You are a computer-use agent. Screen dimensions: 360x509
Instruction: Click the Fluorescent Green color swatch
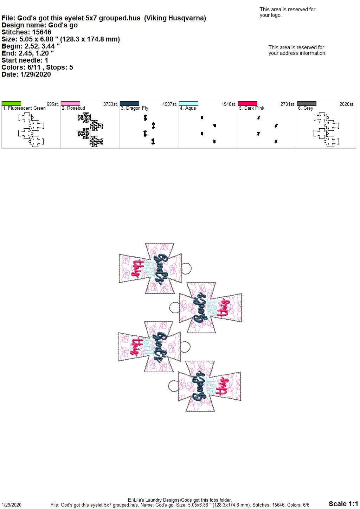[11, 104]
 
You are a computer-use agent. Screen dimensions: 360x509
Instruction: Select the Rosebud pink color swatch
[70, 104]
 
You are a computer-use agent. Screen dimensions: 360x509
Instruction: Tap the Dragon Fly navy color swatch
[129, 104]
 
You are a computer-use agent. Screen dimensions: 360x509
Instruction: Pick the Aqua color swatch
[189, 104]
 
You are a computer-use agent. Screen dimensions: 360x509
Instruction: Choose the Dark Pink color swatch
[248, 104]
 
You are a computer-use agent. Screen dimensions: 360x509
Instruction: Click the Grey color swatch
[307, 104]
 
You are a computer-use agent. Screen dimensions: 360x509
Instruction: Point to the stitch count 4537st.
[169, 104]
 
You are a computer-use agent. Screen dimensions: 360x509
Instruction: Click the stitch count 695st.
[53, 104]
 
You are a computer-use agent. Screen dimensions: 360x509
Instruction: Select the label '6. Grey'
[306, 108]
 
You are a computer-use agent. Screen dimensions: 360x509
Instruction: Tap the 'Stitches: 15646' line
[26, 32]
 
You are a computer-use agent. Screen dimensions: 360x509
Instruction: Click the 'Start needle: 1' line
[25, 60]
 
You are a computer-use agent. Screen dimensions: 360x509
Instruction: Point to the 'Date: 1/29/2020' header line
[26, 74]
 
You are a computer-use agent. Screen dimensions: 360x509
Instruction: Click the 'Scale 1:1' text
[343, 503]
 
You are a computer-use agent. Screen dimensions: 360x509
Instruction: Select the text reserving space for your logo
[288, 12]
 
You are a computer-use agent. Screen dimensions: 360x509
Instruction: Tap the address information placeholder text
[297, 50]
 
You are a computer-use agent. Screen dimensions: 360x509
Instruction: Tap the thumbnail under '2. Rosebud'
[90, 129]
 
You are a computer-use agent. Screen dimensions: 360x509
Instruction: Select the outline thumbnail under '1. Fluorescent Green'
[31, 129]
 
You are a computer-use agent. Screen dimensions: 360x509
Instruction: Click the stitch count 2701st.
[288, 104]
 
